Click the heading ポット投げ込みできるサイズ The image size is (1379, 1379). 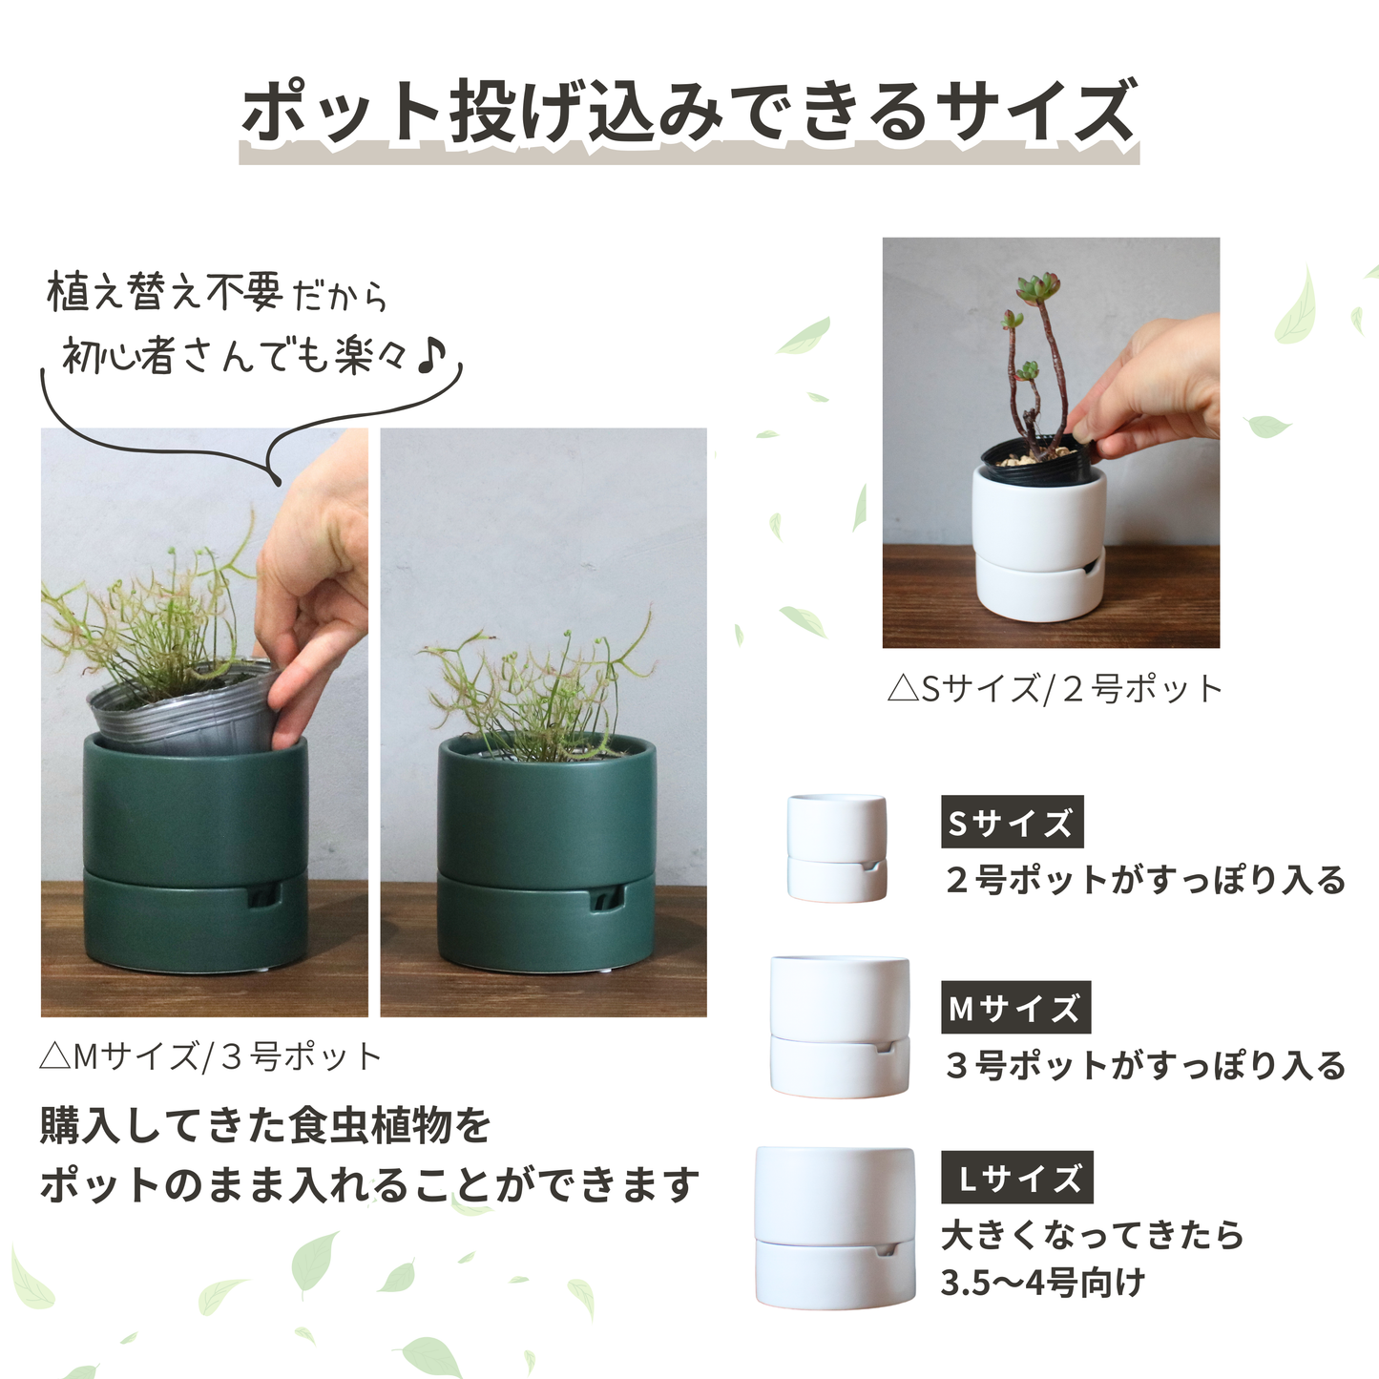[689, 113]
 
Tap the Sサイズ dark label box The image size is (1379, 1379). [1012, 822]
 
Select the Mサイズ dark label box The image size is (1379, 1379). [1015, 1008]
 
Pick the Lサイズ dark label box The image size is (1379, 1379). [1017, 1178]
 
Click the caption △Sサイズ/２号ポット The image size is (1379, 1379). [1054, 688]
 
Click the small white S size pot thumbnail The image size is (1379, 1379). [837, 848]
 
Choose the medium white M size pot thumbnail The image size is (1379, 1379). [840, 1027]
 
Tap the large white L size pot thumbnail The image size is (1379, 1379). [835, 1228]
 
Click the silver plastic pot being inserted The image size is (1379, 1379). [181, 715]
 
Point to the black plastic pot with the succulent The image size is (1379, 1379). [1034, 462]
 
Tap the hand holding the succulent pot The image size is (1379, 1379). [1155, 391]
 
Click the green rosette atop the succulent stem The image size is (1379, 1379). [1037, 285]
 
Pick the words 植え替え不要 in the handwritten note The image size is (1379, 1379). [164, 292]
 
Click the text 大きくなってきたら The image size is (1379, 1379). [1093, 1235]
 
